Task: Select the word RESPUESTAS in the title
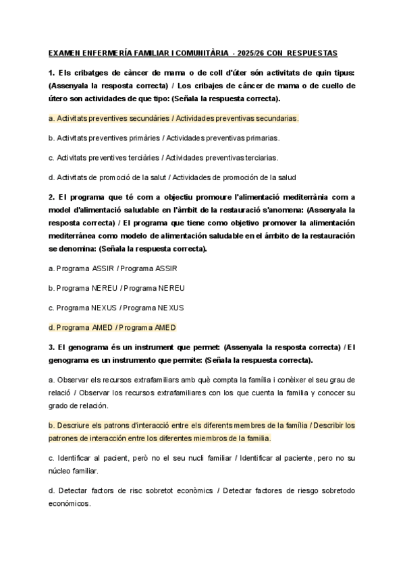pyautogui.click(x=317, y=53)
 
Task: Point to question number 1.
pyautogui.click(x=51, y=73)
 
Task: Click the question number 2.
pyautogui.click(x=51, y=197)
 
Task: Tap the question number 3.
pyautogui.click(x=51, y=347)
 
